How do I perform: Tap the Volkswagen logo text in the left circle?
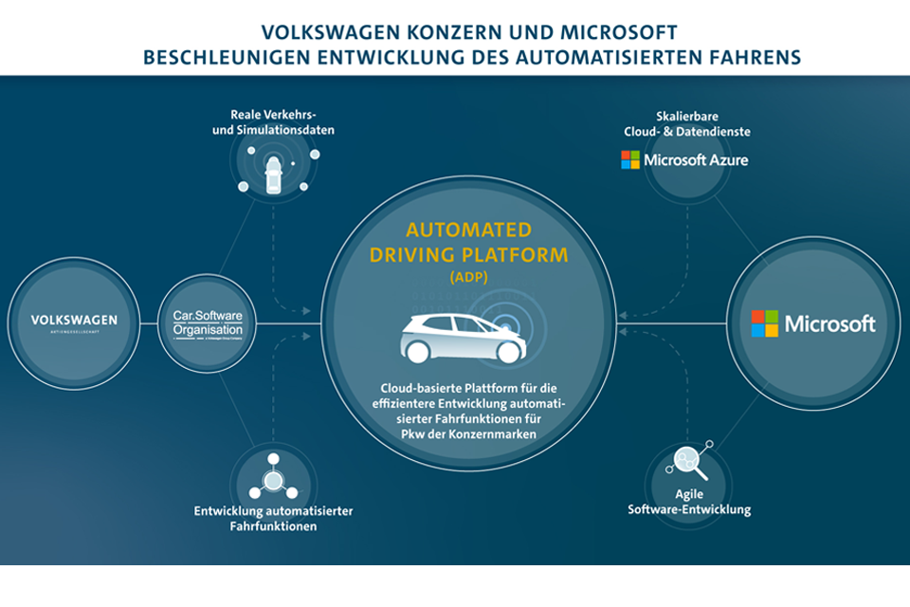pyautogui.click(x=74, y=321)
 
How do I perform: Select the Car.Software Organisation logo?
pyautogui.click(x=208, y=323)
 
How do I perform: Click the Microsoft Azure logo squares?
pyautogui.click(x=630, y=159)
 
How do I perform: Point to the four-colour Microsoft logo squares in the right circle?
pyautogui.click(x=765, y=323)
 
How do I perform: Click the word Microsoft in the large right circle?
pyautogui.click(x=829, y=324)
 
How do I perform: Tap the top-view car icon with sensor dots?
pyautogui.click(x=273, y=172)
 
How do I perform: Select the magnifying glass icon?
pyautogui.click(x=688, y=463)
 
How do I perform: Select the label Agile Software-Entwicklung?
pyautogui.click(x=689, y=502)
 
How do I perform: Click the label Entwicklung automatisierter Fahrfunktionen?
pyautogui.click(x=273, y=518)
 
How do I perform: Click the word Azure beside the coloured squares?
pyautogui.click(x=725, y=160)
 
